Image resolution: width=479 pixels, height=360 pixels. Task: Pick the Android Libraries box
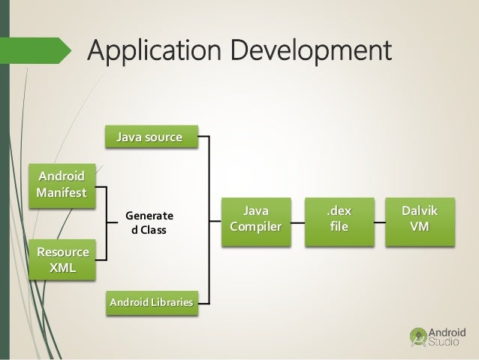pyautogui.click(x=150, y=302)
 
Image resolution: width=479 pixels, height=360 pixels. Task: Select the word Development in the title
pyautogui.click(x=315, y=53)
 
